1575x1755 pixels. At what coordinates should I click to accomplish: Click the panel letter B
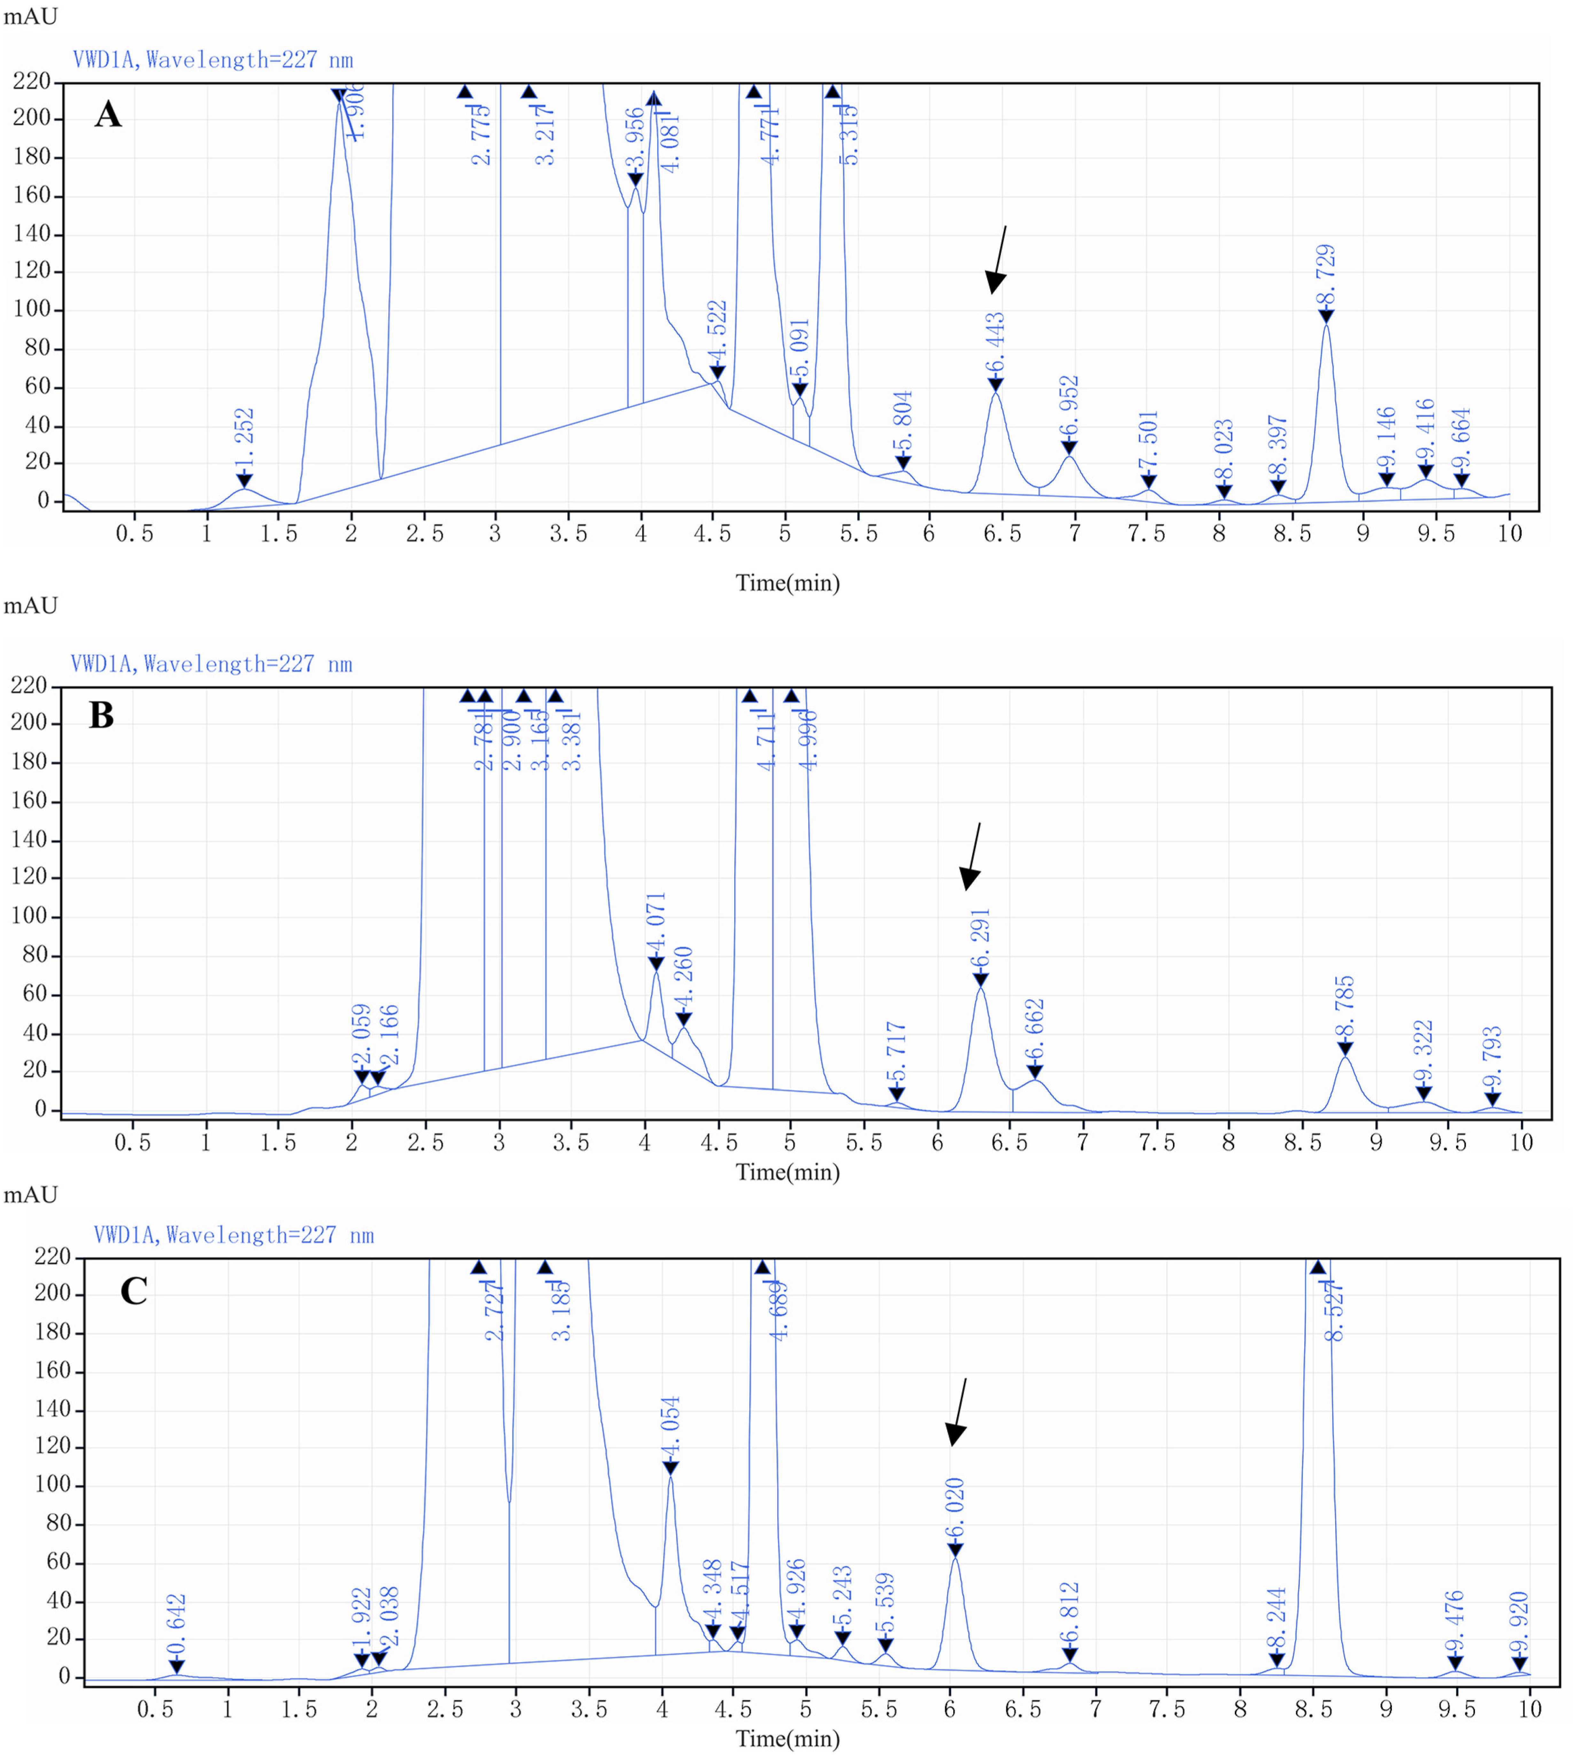102,716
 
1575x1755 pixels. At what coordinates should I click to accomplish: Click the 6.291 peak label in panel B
980,939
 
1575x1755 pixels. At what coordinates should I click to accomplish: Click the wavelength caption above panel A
213,60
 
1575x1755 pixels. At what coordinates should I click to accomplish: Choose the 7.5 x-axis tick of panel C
1167,1709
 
